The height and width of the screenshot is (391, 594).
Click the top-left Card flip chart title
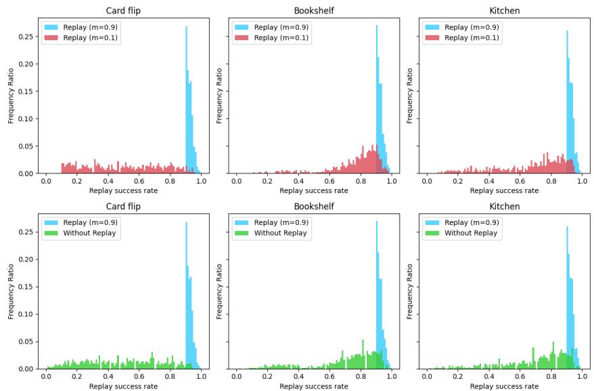(x=123, y=10)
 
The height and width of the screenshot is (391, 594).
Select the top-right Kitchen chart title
(x=504, y=10)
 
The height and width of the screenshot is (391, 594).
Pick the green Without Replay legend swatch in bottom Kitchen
(x=433, y=233)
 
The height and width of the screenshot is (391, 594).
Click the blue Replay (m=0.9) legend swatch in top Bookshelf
(x=242, y=27)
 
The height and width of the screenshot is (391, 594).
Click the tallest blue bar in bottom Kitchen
(x=568, y=298)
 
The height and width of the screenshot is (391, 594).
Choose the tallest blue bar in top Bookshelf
(x=377, y=102)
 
